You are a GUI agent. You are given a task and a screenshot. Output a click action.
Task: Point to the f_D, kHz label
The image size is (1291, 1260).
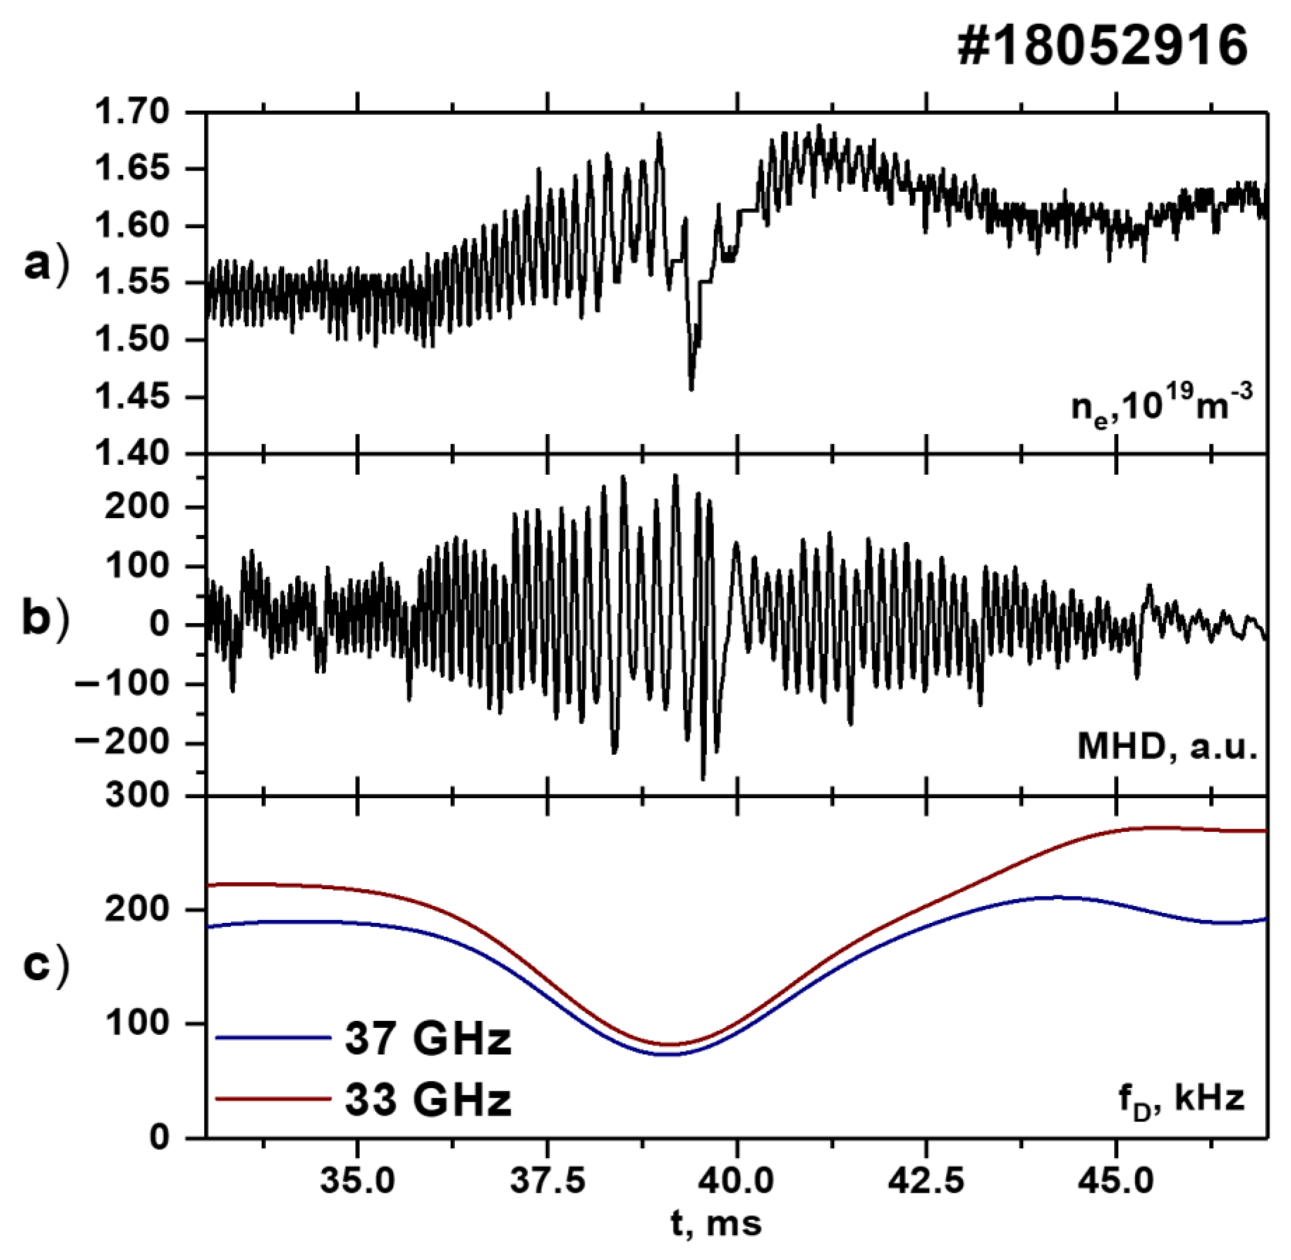(x=1181, y=1099)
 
